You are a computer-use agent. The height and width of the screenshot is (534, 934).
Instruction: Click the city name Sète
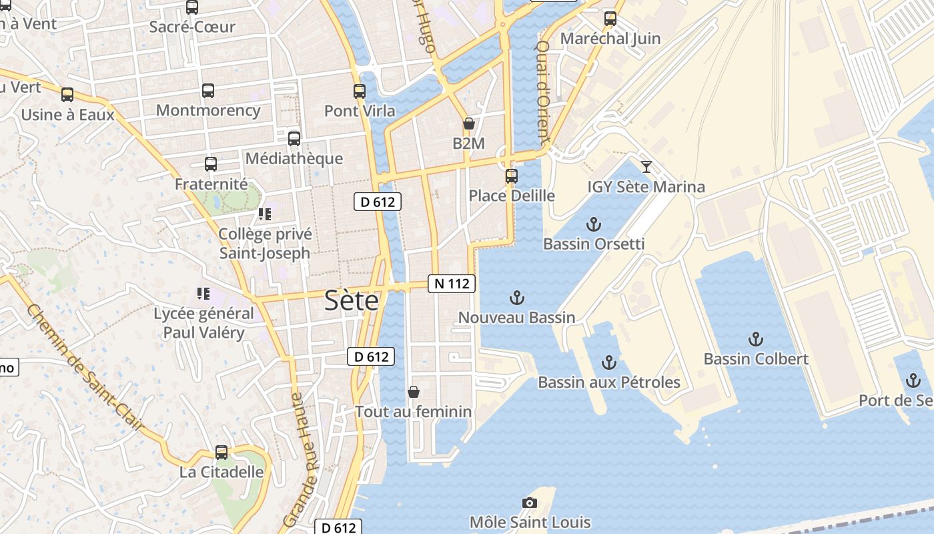point(352,301)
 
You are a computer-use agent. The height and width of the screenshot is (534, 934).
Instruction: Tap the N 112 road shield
point(452,284)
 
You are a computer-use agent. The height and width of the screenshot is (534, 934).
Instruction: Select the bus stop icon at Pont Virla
point(360,91)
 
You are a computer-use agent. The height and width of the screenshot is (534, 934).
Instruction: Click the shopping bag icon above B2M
point(469,123)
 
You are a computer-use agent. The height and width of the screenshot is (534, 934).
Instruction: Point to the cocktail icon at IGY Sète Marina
point(646,167)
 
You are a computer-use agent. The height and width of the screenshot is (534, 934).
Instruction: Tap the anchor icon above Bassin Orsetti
point(593,224)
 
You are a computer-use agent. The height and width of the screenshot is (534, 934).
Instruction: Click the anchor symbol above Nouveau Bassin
point(516,298)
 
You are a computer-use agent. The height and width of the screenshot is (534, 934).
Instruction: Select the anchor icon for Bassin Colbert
point(755,339)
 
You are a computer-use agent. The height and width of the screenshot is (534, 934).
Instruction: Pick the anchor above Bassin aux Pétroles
point(608,362)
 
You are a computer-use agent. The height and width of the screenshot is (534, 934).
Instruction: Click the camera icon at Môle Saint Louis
point(530,503)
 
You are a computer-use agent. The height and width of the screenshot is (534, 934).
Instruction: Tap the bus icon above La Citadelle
point(221,453)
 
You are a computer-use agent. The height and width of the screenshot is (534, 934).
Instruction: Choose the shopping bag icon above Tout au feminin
point(414,392)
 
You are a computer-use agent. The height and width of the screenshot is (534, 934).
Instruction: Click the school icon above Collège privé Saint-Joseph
point(265,214)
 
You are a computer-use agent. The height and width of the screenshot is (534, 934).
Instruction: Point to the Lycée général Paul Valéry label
point(203,323)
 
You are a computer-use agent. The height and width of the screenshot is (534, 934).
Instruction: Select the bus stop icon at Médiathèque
point(294,139)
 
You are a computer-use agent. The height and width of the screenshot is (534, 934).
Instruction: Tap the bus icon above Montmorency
point(208,91)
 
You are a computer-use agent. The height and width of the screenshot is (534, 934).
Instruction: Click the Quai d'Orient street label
point(542,91)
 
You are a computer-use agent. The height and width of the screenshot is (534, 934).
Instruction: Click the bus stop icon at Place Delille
point(512,176)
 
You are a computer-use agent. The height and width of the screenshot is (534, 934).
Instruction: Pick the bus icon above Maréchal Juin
point(610,19)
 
